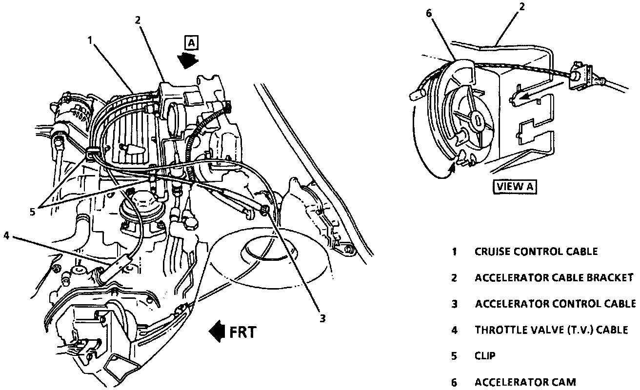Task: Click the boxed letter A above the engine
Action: click(x=191, y=43)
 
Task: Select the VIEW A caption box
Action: click(x=516, y=186)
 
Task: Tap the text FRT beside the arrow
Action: click(x=242, y=332)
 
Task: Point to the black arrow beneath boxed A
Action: click(x=187, y=60)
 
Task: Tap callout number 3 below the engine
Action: click(x=322, y=319)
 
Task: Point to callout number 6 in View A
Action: click(x=429, y=13)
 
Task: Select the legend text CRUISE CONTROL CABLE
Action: click(x=536, y=252)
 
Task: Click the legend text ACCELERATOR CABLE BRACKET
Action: click(x=554, y=277)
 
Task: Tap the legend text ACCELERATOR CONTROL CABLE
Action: click(x=555, y=304)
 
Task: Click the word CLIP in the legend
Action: click(x=485, y=355)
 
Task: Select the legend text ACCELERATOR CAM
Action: click(x=525, y=382)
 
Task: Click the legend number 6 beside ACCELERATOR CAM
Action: click(x=454, y=382)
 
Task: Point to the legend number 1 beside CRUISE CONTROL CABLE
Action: click(x=454, y=252)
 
